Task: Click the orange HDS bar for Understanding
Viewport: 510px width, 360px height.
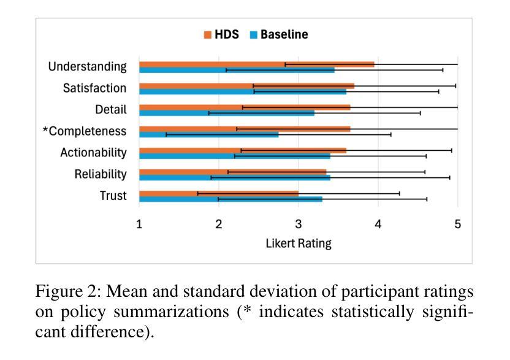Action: click(x=256, y=64)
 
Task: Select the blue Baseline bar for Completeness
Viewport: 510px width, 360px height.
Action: click(x=208, y=134)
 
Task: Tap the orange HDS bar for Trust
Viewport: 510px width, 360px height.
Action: click(x=218, y=193)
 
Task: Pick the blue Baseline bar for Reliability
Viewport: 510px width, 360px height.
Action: click(x=234, y=177)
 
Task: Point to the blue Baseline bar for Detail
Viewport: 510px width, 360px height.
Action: click(x=226, y=113)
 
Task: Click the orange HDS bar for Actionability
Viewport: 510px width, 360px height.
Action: click(x=242, y=150)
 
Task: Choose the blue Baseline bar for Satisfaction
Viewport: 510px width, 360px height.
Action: click(x=242, y=91)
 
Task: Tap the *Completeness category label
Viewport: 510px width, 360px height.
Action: click(x=84, y=131)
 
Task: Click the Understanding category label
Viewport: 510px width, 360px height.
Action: click(x=87, y=67)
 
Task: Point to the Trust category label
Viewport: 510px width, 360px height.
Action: click(x=113, y=196)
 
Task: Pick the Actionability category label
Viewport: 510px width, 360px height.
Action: click(x=93, y=153)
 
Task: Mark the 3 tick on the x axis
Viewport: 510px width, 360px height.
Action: click(x=299, y=224)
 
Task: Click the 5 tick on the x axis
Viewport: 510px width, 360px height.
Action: click(x=457, y=224)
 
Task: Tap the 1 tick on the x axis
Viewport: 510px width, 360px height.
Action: click(x=139, y=224)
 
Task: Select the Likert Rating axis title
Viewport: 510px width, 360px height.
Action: click(x=299, y=243)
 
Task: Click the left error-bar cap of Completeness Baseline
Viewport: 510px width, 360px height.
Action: click(x=166, y=134)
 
